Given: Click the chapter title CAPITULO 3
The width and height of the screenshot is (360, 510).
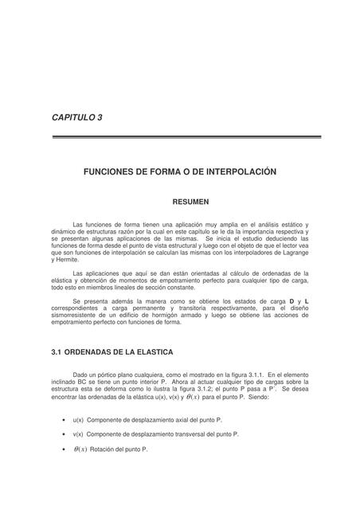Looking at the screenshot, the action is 77,117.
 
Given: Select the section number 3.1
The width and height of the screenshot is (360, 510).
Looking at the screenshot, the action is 57,351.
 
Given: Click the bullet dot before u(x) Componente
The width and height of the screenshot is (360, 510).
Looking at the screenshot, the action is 63,419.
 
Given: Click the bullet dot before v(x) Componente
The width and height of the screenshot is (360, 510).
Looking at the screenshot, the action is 63,434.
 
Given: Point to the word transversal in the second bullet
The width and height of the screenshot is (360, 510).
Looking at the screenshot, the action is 190,434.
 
